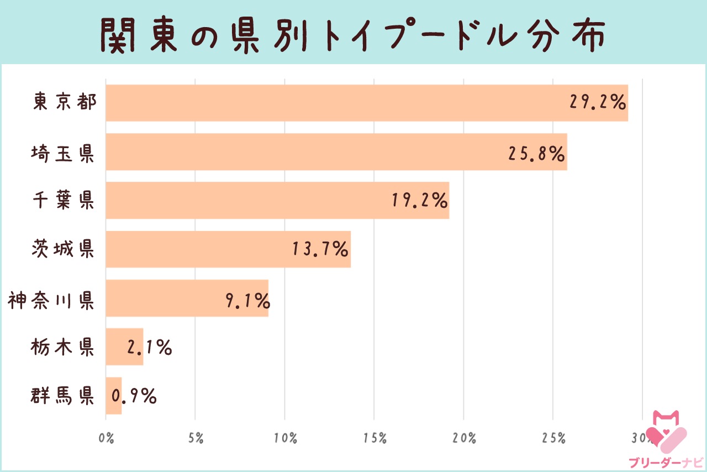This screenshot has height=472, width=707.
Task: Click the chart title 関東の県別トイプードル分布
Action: click(x=353, y=34)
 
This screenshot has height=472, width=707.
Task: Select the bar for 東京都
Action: click(x=331, y=103)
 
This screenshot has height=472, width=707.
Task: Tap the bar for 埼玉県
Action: click(x=304, y=151)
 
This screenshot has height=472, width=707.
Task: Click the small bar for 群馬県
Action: click(x=113, y=396)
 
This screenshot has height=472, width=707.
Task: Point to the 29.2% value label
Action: click(x=597, y=103)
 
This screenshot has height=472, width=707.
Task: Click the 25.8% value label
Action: click(x=536, y=153)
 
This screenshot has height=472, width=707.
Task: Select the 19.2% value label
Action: click(x=419, y=201)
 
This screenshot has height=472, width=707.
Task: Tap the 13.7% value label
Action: click(x=320, y=249)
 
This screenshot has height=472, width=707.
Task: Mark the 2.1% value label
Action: click(x=149, y=348)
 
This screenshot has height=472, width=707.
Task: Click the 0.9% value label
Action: click(x=134, y=396)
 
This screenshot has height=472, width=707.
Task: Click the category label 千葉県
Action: click(x=63, y=201)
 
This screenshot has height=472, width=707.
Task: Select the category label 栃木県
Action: click(x=63, y=348)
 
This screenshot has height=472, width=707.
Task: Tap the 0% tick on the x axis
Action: click(x=106, y=439)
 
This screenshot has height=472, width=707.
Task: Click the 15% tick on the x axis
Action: click(x=374, y=439)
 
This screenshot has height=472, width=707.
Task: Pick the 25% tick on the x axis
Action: click(x=553, y=439)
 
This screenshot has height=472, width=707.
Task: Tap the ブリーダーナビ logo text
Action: click(x=666, y=462)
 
